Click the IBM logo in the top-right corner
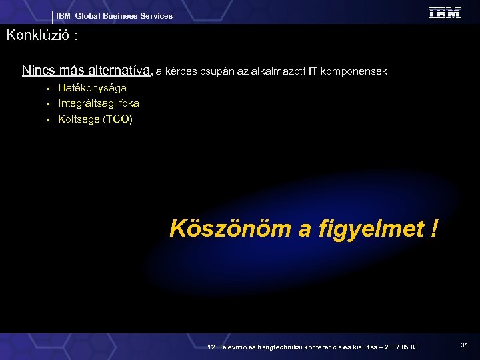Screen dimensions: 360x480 coord(444,13)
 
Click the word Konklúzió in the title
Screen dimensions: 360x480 coord(37,36)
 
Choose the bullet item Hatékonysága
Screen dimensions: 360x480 coord(92,88)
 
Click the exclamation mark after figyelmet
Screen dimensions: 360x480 coord(435,229)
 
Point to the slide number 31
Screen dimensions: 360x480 coord(465,345)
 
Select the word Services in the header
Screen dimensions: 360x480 coord(155,16)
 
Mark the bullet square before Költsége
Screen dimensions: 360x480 coord(49,120)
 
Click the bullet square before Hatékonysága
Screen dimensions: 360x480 coord(49,88)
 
